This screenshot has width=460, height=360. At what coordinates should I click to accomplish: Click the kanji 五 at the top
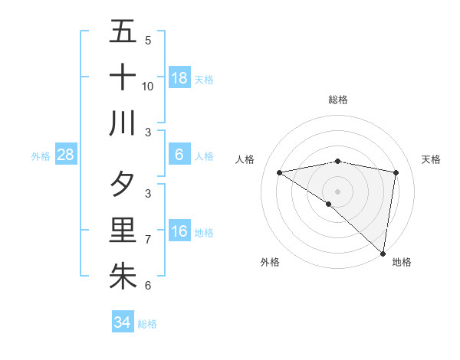coord(123,32)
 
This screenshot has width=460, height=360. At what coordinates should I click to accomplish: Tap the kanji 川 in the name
coord(123,123)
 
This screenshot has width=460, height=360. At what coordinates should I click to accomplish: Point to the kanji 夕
coord(123,185)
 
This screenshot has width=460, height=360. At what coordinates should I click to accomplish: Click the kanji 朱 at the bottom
coord(123,276)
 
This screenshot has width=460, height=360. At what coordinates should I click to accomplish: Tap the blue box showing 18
coord(179,78)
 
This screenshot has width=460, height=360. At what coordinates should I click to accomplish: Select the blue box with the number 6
coord(179,155)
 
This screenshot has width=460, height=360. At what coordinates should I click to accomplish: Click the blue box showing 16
coord(179,231)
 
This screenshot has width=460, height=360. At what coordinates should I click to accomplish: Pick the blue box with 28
coord(66,155)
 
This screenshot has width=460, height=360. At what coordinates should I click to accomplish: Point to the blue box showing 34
coord(122,322)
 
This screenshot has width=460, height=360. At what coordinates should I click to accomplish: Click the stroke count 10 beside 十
coord(148,87)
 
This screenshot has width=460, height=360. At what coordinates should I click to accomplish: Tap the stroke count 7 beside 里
coord(148,240)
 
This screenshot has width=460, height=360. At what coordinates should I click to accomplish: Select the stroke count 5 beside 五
coord(148,41)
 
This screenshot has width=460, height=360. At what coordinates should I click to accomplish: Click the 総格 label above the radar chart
coord(338,100)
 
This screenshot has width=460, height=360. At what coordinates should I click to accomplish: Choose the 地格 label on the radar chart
coord(402,262)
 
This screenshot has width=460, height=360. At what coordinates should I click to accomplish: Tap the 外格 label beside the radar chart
coord(270,262)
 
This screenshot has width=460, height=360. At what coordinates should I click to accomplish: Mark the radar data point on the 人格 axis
coord(280,172)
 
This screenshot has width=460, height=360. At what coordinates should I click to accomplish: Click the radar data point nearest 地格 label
coord(383,252)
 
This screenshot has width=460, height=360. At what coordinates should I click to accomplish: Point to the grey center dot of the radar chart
coord(338,191)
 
